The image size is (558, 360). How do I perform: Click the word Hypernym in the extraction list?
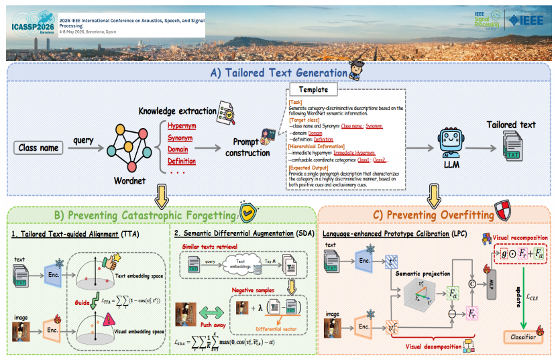click(x=182, y=125)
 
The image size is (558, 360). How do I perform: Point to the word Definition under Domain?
click(x=182, y=161)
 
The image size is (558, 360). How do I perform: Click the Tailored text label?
click(x=511, y=125)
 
